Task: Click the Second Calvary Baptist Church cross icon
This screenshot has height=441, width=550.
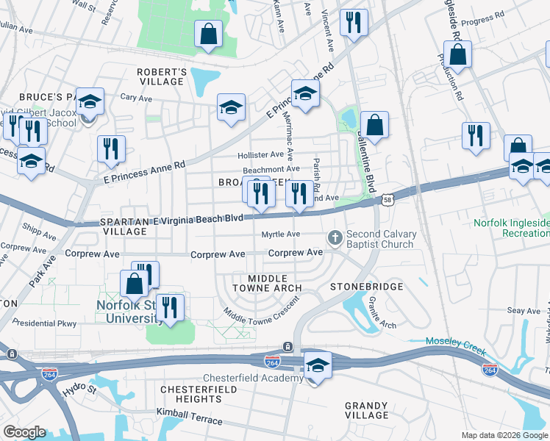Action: [335, 237]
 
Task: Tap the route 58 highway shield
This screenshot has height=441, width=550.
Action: [387, 198]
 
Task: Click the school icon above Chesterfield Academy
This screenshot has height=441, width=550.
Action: [317, 365]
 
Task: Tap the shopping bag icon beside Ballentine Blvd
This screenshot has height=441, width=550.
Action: [375, 125]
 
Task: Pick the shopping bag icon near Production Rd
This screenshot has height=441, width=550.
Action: [457, 54]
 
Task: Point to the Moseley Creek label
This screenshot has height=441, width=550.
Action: [456, 342]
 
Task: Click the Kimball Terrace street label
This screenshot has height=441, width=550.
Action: [194, 417]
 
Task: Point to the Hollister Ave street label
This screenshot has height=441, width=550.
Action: [260, 155]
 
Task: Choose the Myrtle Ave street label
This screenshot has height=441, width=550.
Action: [281, 234]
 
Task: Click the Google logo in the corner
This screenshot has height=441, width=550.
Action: [24, 432]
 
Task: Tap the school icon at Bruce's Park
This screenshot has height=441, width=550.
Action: [90, 102]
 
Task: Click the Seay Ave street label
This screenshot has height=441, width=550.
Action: [521, 311]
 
